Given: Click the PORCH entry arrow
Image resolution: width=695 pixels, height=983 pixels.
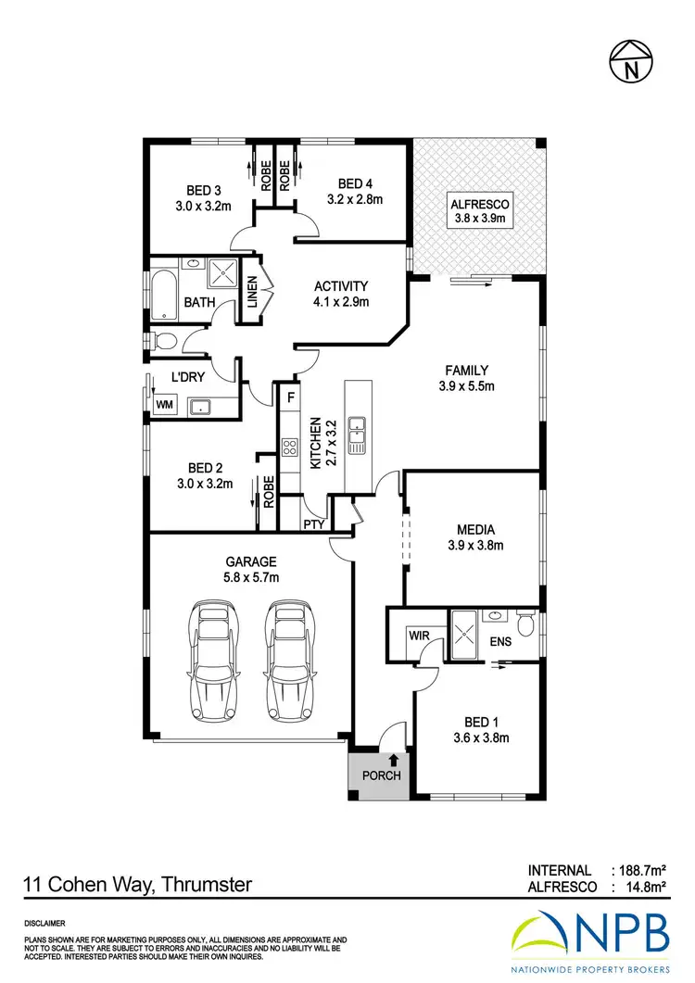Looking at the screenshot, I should (x=382, y=760).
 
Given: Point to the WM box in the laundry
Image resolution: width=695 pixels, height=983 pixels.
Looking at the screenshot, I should (x=164, y=405).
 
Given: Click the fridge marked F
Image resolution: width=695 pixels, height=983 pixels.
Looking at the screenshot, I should (x=290, y=398).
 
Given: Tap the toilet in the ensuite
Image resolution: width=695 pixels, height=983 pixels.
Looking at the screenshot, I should (x=526, y=624).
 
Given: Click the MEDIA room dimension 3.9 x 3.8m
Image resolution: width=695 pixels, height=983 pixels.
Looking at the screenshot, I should (x=474, y=546).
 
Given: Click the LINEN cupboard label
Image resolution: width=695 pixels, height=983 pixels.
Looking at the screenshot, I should (x=250, y=296).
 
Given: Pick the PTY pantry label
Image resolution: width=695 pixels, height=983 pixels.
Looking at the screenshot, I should (x=312, y=523).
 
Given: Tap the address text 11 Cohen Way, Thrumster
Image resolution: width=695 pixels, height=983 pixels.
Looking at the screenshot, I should (x=137, y=885).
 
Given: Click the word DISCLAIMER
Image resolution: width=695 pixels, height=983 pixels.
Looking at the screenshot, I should (x=44, y=924).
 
